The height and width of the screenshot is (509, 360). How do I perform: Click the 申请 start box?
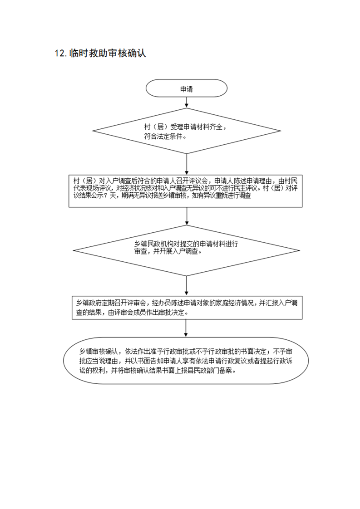tap(187, 88)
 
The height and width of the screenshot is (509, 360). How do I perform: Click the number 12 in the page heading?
tap(60, 53)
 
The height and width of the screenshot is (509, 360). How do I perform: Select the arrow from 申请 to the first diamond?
tap(187, 102)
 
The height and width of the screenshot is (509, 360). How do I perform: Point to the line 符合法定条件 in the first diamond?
tap(165, 136)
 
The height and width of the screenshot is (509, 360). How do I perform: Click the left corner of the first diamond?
tap(93, 131)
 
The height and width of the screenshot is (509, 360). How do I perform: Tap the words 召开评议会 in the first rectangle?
tap(192, 181)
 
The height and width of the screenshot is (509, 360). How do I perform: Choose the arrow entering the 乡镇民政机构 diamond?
tap(187, 216)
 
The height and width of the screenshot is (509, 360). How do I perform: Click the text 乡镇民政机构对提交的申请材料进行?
tap(186, 244)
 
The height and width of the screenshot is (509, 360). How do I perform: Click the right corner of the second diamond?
tap(299, 250)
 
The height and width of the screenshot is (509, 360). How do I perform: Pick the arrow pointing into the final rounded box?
tap(186, 328)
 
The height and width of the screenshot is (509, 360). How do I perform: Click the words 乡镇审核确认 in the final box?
tap(99, 352)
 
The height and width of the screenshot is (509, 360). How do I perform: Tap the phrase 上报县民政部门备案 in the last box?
tap(204, 370)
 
